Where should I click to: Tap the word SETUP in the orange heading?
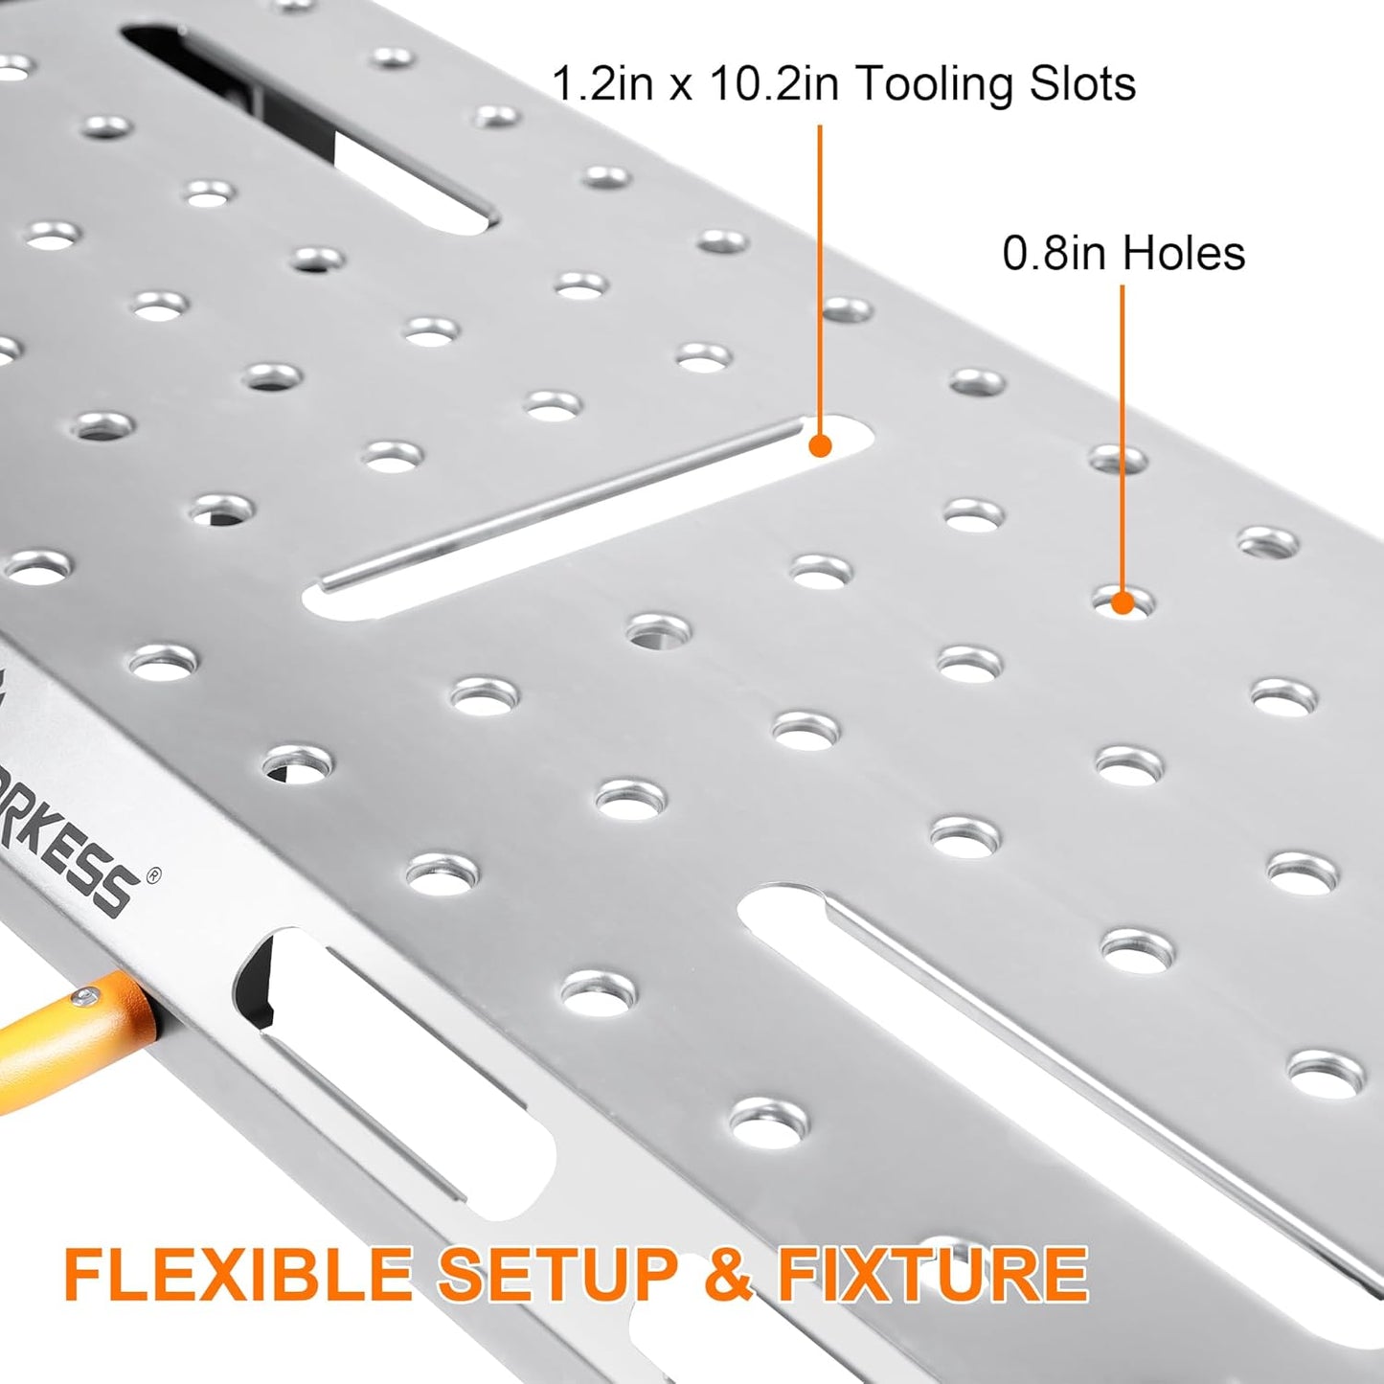(x=556, y=1273)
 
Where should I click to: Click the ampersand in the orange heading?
(x=728, y=1273)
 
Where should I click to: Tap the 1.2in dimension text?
(x=602, y=84)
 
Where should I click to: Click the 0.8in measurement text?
(x=1056, y=254)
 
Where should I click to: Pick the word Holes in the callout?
(x=1184, y=254)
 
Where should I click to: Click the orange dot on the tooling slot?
(x=820, y=445)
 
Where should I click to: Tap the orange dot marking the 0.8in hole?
(x=1123, y=603)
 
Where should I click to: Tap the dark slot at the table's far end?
(x=306, y=125)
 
